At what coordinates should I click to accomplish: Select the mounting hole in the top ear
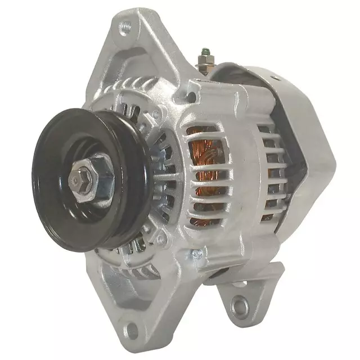point(125,25)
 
